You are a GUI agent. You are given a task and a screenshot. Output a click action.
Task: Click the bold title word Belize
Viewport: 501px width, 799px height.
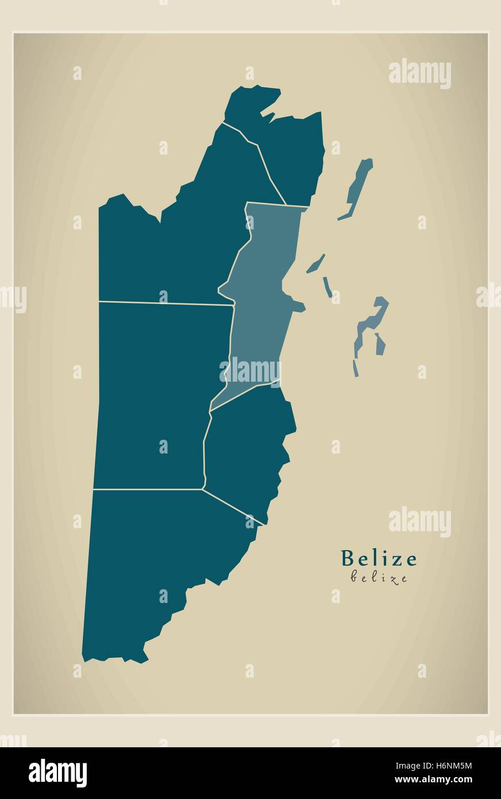[x=379, y=558]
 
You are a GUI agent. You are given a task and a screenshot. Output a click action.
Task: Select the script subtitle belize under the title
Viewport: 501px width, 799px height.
[x=379, y=578]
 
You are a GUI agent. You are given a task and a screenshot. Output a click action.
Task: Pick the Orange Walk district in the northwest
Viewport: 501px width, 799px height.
[x=172, y=247]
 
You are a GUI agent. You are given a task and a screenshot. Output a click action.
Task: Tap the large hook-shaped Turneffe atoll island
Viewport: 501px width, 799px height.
[x=371, y=322]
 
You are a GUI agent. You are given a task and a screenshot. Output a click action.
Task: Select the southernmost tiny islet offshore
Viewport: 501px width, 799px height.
[x=356, y=368]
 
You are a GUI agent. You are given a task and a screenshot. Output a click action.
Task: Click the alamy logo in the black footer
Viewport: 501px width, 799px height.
[x=57, y=773]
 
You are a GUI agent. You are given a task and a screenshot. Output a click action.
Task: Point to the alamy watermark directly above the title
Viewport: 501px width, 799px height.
[x=419, y=522]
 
